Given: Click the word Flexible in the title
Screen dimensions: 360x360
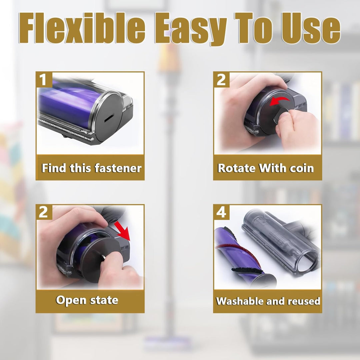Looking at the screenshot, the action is coord(82,28).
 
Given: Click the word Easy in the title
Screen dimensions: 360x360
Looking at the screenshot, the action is coord(191,29).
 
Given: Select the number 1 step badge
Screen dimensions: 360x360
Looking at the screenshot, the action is coord(44,80).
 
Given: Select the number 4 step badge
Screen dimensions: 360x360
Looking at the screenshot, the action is coord(221,212).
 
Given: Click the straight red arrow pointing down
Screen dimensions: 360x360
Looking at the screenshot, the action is coord(122,231).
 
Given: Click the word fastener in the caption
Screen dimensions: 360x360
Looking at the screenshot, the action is coord(118,168).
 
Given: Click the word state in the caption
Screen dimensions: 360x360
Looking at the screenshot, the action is coord(104,300).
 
